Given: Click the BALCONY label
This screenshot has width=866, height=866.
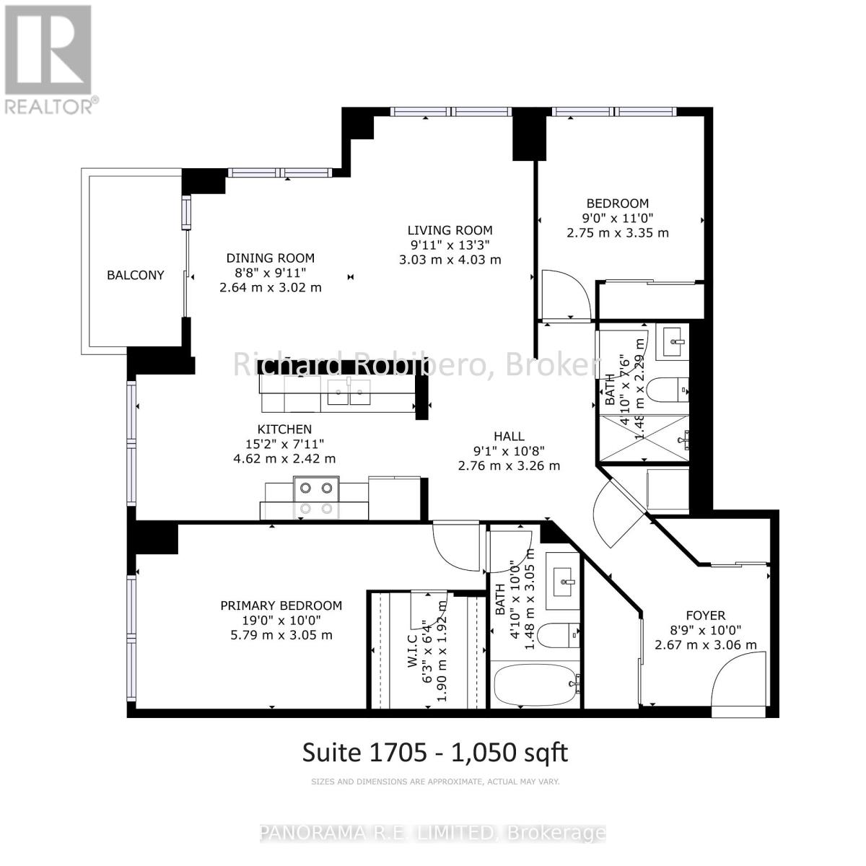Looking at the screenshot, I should point(136,275).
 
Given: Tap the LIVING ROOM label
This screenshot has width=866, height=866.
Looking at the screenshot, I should point(450,230).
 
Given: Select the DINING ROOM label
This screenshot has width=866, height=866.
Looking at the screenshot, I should point(271,258).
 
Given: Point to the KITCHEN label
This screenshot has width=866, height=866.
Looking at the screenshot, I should point(285,429).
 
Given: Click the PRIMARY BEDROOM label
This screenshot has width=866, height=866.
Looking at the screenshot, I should point(281,605).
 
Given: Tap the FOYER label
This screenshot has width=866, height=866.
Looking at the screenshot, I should point(705,616).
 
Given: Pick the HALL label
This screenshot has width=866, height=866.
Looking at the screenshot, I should point(509,436).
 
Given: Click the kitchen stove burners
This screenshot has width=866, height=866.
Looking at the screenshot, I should point(318,497).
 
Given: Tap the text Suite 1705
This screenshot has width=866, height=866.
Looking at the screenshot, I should point(367,752).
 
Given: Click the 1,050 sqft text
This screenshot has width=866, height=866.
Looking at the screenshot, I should point(509,752).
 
